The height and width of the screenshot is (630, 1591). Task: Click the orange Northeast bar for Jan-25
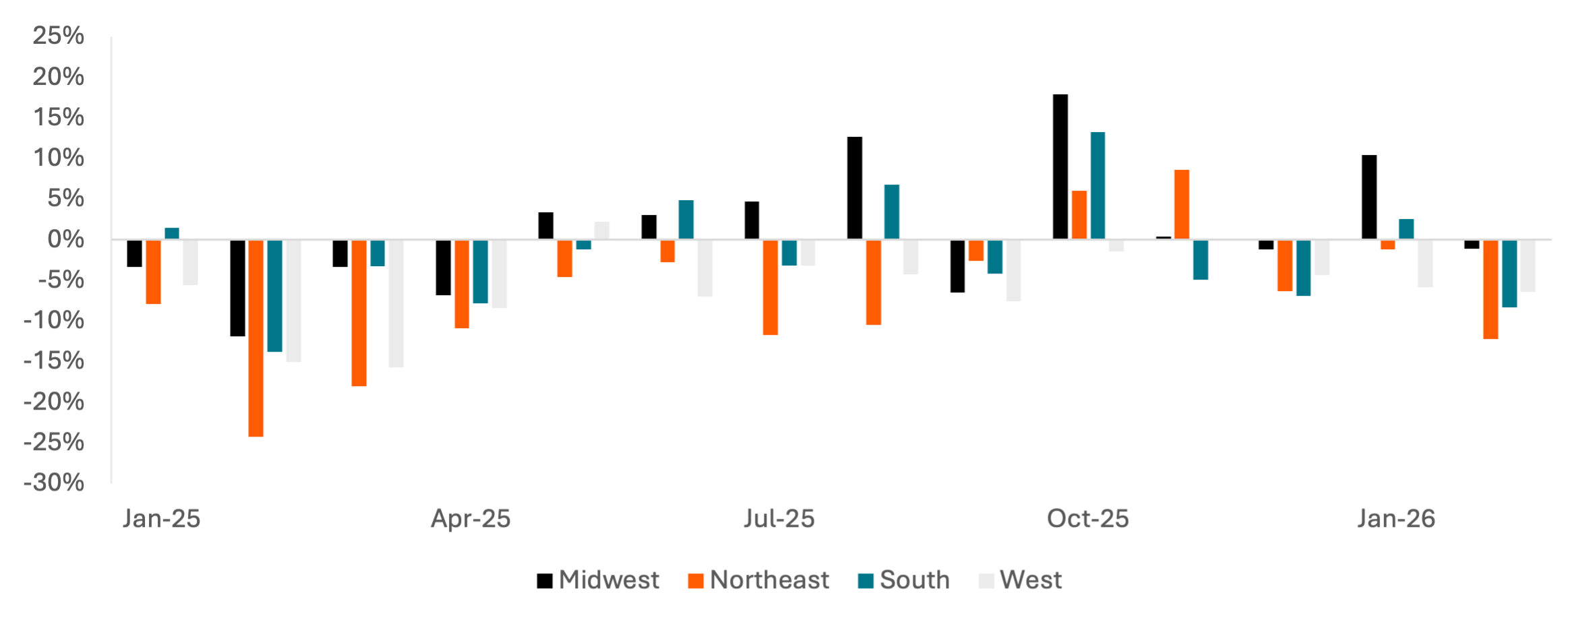click(x=154, y=272)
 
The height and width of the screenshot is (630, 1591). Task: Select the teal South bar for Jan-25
click(x=173, y=234)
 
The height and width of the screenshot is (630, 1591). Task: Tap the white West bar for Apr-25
click(x=500, y=274)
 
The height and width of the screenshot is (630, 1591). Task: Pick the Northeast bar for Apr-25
click(x=462, y=284)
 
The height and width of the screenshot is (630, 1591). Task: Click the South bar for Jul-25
click(x=789, y=253)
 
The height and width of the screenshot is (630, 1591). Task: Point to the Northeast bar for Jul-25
click(x=771, y=288)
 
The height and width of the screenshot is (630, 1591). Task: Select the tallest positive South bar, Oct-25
click(x=1098, y=185)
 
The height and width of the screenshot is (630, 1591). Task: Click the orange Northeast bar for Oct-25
click(x=1079, y=215)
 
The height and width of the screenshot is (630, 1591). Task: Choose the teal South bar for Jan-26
click(x=1406, y=229)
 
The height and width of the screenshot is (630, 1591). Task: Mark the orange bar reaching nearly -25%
click(x=256, y=339)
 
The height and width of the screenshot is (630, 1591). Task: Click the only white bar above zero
click(x=602, y=230)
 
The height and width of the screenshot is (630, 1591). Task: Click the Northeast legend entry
click(x=769, y=580)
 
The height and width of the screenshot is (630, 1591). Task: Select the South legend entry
click(x=914, y=580)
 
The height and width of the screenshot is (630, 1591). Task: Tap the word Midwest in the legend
click(x=609, y=580)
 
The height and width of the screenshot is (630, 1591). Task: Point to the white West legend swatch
click(x=986, y=580)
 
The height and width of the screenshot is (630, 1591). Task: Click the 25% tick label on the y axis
click(x=59, y=36)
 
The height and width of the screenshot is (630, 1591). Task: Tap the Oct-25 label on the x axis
click(x=1087, y=519)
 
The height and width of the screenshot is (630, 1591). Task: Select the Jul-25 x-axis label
click(x=779, y=519)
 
